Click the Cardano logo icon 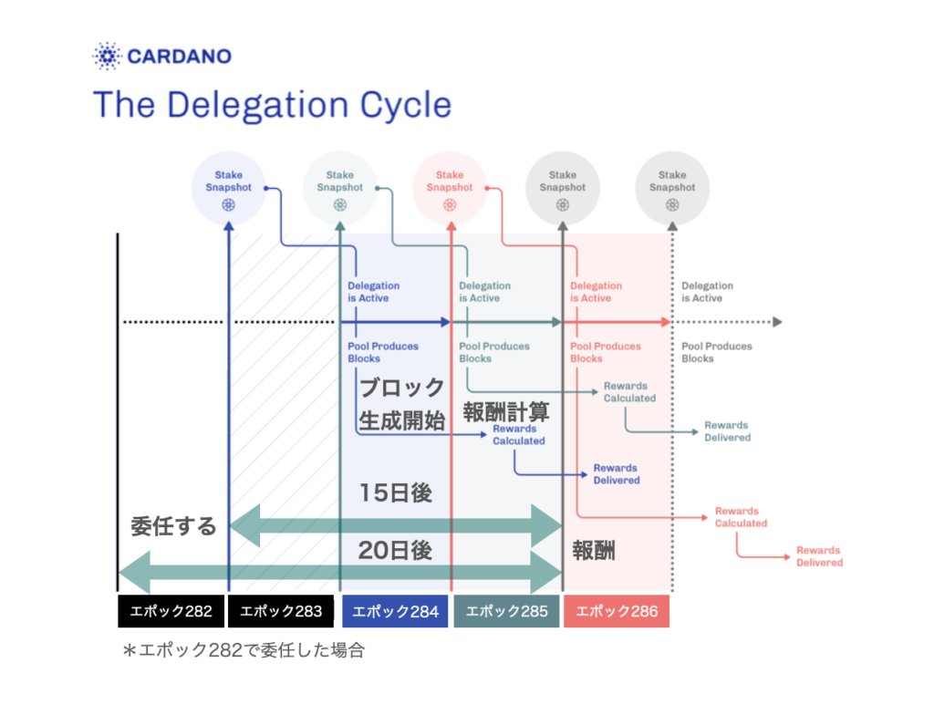pos(108,57)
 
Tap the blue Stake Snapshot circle pos(228,188)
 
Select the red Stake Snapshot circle pos(450,188)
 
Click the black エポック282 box pos(171,611)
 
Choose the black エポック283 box pos(281,611)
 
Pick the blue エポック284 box pos(395,611)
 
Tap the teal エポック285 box pos(506,611)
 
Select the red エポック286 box pos(617,611)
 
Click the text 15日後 pos(395,493)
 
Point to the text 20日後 pos(395,550)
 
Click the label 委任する pos(173,526)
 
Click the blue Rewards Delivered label pos(616,474)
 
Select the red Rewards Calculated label pos(741,517)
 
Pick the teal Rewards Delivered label pos(727,431)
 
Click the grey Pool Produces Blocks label pos(717,352)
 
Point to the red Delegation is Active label pos(596,292)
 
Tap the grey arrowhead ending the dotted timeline pos(777,322)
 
